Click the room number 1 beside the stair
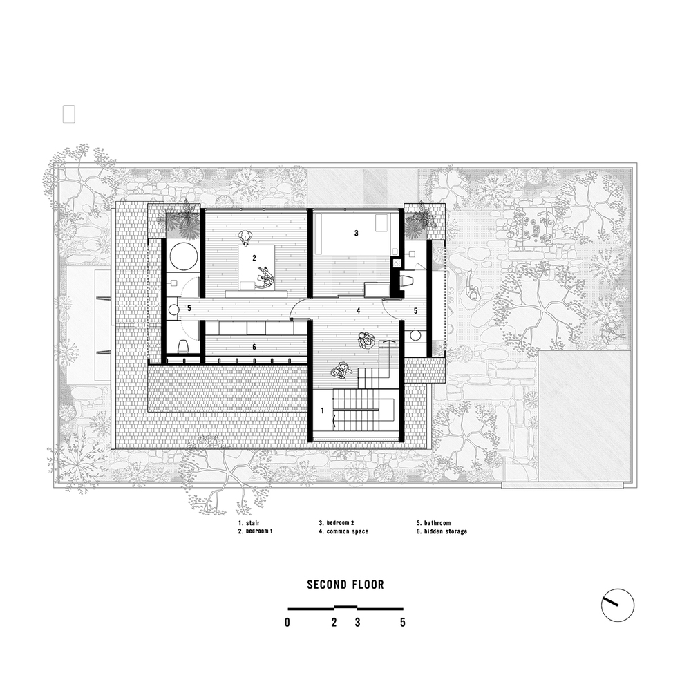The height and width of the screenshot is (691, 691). point(323,410)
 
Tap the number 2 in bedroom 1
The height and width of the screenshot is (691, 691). point(254,258)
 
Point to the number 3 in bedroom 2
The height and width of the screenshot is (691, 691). point(357,233)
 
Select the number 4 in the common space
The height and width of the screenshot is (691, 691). point(358,311)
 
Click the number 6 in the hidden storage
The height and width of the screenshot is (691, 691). point(254,348)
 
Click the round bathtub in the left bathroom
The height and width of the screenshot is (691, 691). point(182,257)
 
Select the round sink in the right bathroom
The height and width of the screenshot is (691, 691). point(415,336)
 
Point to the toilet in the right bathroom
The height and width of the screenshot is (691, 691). point(407,280)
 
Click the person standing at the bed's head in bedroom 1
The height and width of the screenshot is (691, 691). point(246,237)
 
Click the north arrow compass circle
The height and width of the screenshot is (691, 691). point(617,605)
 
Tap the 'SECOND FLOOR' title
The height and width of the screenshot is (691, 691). point(345,585)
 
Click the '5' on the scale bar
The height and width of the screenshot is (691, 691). point(402,623)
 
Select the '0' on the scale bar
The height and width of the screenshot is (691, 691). point(287,623)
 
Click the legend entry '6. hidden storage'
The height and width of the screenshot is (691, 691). point(442,531)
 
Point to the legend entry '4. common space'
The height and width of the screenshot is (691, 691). point(343,531)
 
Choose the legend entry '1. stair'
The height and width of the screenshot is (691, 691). point(249,523)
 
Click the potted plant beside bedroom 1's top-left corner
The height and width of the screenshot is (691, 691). point(183,219)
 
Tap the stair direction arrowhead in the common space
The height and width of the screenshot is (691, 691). point(388,341)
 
